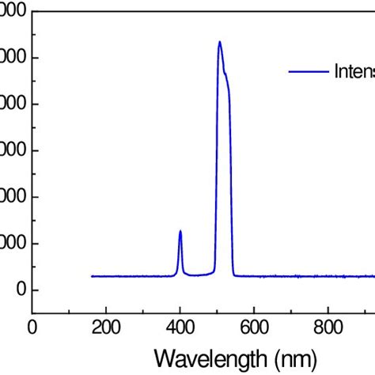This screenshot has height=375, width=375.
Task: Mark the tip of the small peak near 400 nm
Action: coord(180,231)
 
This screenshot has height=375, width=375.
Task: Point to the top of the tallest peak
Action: coord(219,42)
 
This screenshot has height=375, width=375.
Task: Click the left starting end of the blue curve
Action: coord(92,276)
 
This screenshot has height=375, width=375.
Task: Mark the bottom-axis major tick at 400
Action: coord(180,309)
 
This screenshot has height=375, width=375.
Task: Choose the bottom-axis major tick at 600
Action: coord(254,309)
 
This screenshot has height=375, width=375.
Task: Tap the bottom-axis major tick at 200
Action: coord(106,309)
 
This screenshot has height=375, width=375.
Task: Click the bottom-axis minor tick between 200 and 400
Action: coord(143,311)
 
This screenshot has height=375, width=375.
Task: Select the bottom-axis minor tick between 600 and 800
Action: coord(291,311)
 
